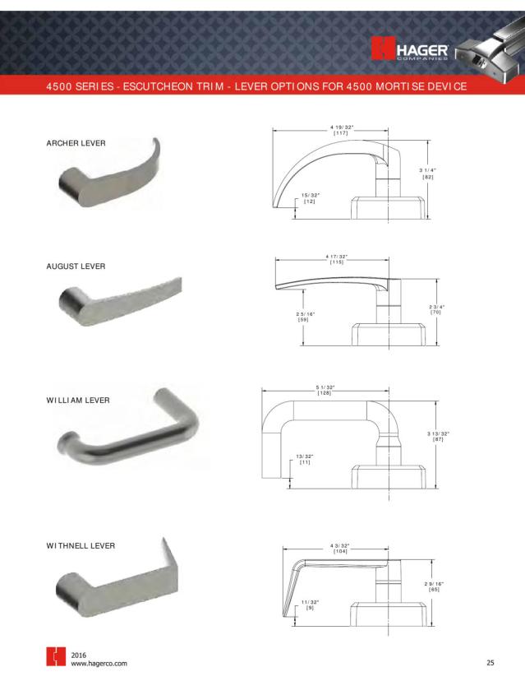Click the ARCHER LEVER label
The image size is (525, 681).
(76, 143)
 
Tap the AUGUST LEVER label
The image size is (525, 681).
(76, 266)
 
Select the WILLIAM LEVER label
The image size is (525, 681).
(78, 401)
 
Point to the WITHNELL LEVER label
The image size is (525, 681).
(81, 545)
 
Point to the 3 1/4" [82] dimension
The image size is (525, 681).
(428, 174)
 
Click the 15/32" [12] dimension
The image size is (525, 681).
(310, 197)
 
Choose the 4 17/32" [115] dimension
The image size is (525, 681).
(336, 259)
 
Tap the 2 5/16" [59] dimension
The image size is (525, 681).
(303, 316)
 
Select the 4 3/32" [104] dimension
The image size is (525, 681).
(338, 549)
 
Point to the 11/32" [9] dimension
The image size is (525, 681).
(310, 605)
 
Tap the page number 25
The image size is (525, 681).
(490, 662)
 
